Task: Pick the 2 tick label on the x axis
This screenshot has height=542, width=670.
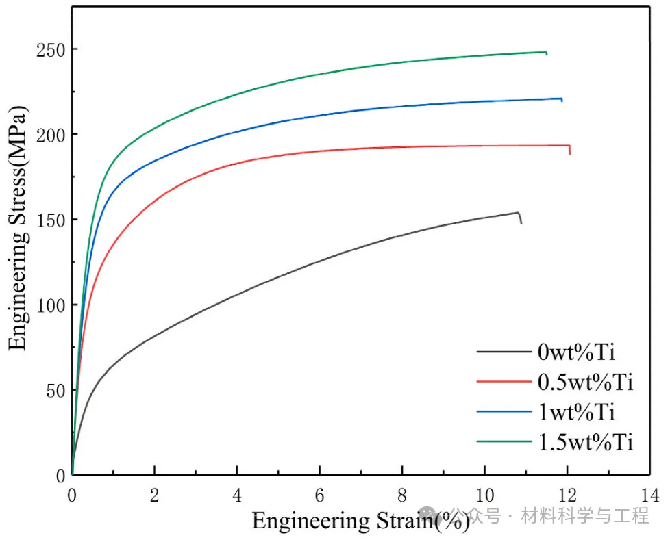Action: click(154, 494)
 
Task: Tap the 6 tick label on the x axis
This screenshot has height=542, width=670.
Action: click(319, 494)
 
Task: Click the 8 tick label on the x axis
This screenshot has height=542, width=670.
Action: click(402, 494)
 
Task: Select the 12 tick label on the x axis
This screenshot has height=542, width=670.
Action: click(567, 494)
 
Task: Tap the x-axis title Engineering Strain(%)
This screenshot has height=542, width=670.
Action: click(360, 521)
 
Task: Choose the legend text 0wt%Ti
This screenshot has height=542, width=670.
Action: click(576, 352)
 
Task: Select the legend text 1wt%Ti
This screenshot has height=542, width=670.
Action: click(576, 412)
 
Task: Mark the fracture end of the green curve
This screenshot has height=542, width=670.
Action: click(547, 53)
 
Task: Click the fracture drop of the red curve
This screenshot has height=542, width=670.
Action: click(569, 150)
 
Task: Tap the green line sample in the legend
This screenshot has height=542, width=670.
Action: click(504, 442)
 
